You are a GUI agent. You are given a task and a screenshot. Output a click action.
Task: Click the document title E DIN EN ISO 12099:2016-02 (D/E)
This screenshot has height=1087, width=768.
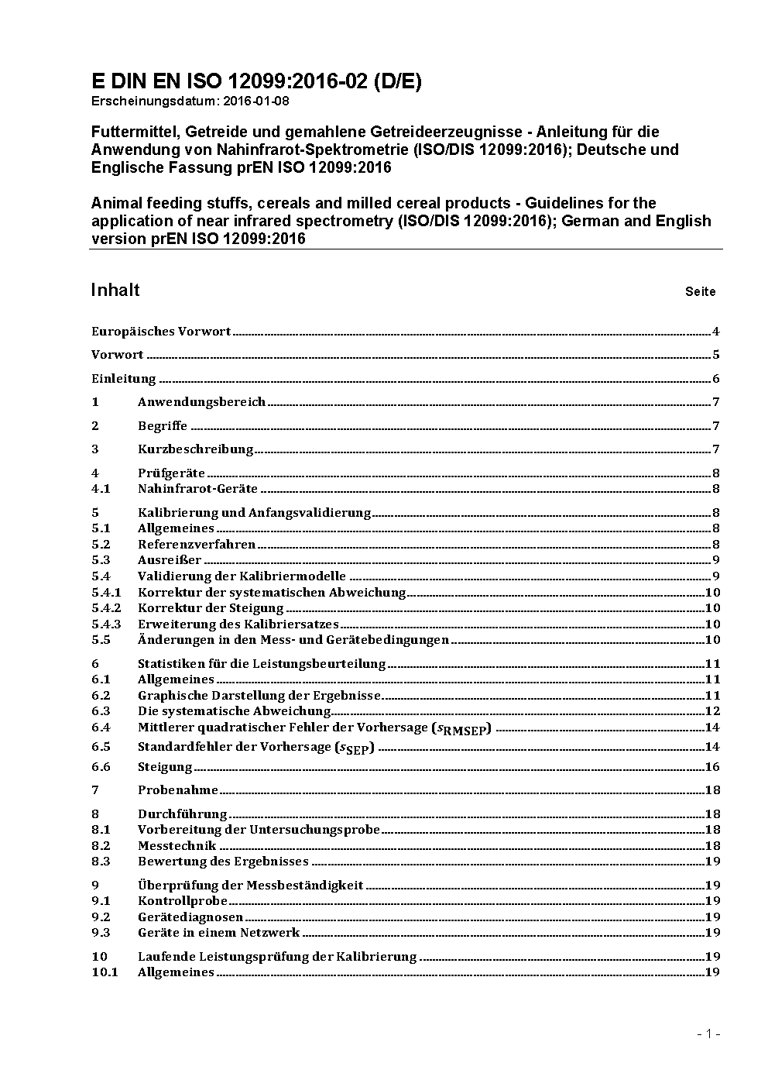pos(256,82)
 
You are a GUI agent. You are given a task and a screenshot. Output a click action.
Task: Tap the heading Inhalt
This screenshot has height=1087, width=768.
pos(115,290)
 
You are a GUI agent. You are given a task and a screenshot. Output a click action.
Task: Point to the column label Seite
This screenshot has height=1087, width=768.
pos(700,292)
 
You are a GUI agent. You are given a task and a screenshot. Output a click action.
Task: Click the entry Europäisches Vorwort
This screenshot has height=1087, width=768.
pos(161,332)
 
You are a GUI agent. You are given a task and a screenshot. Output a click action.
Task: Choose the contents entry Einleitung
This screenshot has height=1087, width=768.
pos(124,379)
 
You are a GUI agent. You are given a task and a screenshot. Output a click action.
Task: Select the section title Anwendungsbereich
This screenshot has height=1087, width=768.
pos(201,402)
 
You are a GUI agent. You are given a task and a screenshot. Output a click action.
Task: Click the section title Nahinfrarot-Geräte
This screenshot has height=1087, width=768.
pos(197,489)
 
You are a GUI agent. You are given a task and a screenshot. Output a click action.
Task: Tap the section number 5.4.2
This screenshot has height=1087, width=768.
pos(106,608)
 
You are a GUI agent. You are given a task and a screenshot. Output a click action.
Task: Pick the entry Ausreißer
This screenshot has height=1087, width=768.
pos(170,560)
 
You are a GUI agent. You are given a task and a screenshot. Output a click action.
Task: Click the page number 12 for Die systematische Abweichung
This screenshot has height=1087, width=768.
pos(712,711)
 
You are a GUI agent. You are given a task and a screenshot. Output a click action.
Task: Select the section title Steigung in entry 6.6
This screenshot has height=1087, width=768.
pos(165,767)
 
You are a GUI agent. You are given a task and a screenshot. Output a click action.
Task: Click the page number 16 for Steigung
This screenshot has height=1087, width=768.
pos(712,767)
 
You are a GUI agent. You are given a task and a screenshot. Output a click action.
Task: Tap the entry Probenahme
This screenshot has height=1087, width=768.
pos(178,790)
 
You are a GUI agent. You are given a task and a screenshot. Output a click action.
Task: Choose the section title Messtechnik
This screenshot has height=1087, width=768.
pos(177,846)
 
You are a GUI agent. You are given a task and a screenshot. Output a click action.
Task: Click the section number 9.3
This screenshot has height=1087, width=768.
pos(101,933)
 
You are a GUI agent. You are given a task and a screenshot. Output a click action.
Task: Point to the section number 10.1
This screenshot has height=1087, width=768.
pos(105,972)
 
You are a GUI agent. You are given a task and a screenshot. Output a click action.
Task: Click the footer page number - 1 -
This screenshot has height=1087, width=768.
pos(708,1034)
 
